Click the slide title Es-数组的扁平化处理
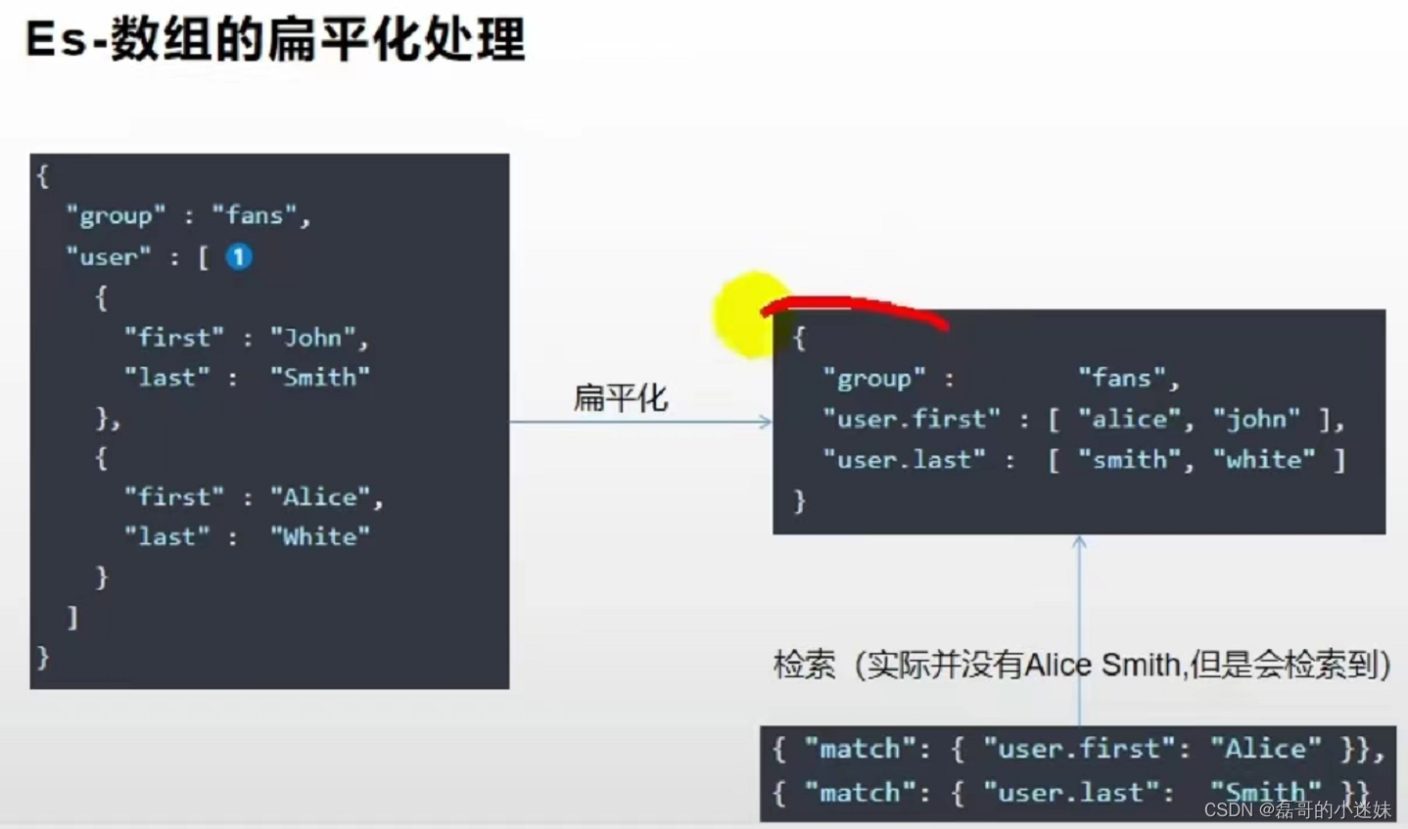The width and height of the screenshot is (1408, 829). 275,40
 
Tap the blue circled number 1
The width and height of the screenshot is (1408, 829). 239,256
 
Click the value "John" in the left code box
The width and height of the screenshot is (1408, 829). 313,338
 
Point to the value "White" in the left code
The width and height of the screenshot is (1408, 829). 320,536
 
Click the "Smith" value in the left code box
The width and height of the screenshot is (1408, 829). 320,378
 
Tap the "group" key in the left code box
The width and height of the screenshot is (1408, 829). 116,215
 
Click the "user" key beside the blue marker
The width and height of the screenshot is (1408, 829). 109,257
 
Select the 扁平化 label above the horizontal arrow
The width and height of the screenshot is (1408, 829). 620,397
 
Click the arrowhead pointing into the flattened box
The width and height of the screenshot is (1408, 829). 766,422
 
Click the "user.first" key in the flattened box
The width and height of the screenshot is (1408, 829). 912,420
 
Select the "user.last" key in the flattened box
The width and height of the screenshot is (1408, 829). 904,460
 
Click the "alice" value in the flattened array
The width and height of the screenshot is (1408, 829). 1129,420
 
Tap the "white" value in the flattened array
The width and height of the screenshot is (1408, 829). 1264,460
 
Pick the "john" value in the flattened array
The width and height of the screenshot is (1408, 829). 1257,420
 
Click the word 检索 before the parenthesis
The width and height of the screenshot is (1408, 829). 804,666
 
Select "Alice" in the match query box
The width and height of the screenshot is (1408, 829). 1265,749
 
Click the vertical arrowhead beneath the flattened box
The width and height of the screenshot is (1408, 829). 1079,541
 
